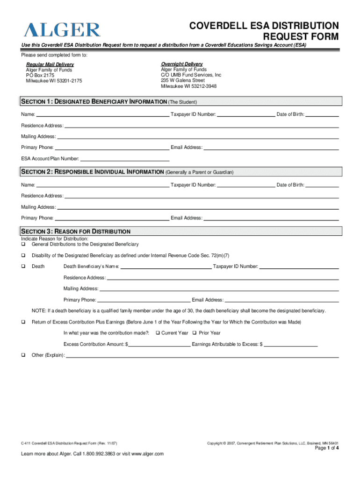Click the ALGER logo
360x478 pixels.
(62, 30)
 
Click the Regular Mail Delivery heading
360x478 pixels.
(50, 64)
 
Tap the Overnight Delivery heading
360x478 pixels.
(182, 64)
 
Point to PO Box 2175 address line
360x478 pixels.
(40, 75)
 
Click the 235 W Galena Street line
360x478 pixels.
(183, 80)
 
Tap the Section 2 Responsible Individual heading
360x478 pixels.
(92, 172)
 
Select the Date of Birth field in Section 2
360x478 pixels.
(322, 185)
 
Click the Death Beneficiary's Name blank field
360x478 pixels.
(166, 267)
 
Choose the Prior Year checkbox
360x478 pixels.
(194, 333)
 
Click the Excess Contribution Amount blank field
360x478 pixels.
(159, 344)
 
